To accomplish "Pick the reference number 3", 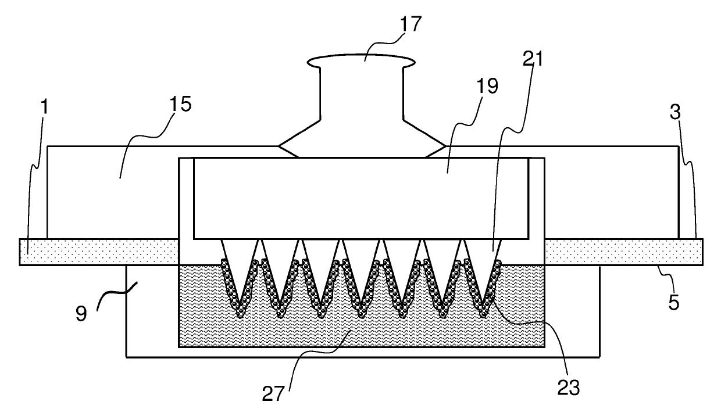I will (x=674, y=113).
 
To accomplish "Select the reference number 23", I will (x=569, y=388).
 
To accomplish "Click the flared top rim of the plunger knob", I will (x=362, y=60).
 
